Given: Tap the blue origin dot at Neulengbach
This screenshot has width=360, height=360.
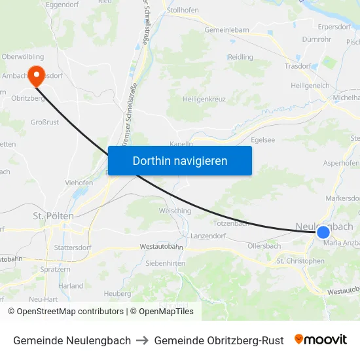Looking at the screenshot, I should [323, 232].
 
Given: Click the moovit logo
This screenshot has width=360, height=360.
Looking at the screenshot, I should [321, 340].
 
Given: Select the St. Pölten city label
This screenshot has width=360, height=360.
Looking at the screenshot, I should [53, 215].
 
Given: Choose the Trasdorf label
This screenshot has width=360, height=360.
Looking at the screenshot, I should [297, 66].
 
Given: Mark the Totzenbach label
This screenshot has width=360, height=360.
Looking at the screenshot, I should [231, 223].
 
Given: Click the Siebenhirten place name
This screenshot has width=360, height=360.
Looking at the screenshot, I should [166, 263].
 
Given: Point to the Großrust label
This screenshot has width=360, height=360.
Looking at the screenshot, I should [45, 122].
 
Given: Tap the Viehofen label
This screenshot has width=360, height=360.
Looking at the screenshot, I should [79, 183].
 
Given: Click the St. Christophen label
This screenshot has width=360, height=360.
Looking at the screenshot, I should [300, 261].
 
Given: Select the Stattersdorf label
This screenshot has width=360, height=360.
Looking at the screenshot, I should [73, 248].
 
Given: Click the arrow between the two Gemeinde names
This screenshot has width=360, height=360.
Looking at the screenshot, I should [143, 340].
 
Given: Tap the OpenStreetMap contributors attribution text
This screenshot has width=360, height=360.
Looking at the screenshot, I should [69, 312].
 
